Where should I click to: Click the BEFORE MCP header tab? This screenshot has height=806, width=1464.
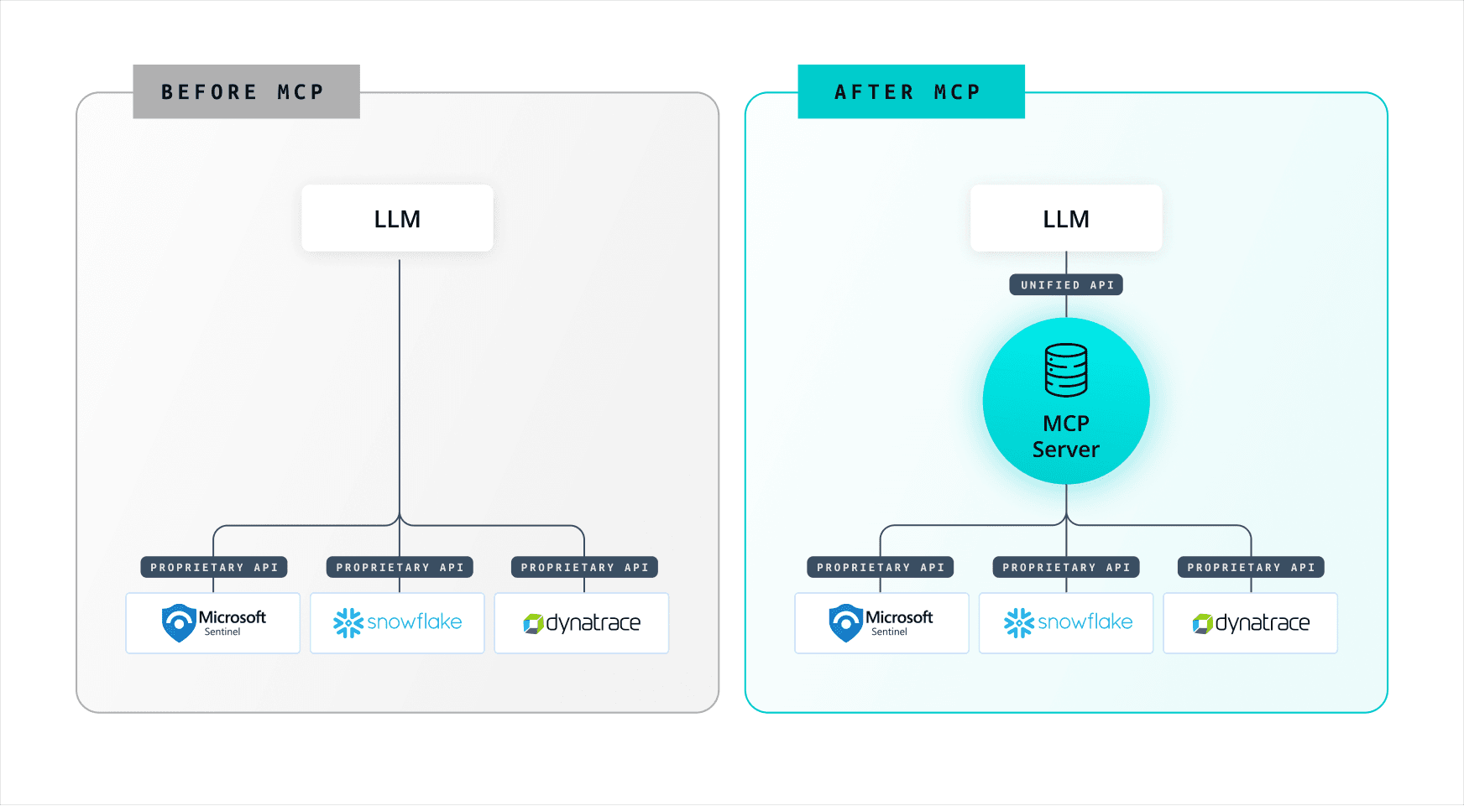click(246, 91)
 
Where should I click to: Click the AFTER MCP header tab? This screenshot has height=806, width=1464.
click(911, 91)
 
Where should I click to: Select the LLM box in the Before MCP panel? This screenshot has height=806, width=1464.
click(397, 218)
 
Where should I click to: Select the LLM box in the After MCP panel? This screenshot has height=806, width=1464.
click(1066, 218)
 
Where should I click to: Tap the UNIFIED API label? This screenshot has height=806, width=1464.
click(1066, 285)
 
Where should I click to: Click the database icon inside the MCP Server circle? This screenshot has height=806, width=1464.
click(1066, 370)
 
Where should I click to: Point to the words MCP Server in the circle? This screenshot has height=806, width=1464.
click(1066, 436)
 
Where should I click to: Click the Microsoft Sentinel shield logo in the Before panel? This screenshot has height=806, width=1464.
click(179, 623)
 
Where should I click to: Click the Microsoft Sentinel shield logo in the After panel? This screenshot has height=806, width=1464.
click(845, 623)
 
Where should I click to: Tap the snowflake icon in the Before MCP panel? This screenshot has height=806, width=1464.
click(348, 623)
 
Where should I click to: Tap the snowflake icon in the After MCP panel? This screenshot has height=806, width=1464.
click(1018, 623)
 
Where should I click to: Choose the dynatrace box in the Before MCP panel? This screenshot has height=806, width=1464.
click(582, 623)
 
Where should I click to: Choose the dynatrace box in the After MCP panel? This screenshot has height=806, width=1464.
click(1251, 623)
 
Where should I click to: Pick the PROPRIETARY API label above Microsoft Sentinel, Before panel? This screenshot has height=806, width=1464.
click(214, 568)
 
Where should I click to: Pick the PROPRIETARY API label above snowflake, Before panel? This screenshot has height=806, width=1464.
click(400, 568)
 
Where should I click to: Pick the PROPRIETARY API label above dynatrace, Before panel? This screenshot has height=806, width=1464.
click(584, 568)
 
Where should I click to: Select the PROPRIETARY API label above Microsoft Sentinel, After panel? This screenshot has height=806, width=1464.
click(881, 568)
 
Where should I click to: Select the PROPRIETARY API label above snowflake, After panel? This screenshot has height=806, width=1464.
click(1066, 568)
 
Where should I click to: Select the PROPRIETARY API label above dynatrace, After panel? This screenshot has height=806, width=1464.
click(1251, 568)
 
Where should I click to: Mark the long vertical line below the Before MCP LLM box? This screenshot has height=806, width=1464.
click(400, 386)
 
